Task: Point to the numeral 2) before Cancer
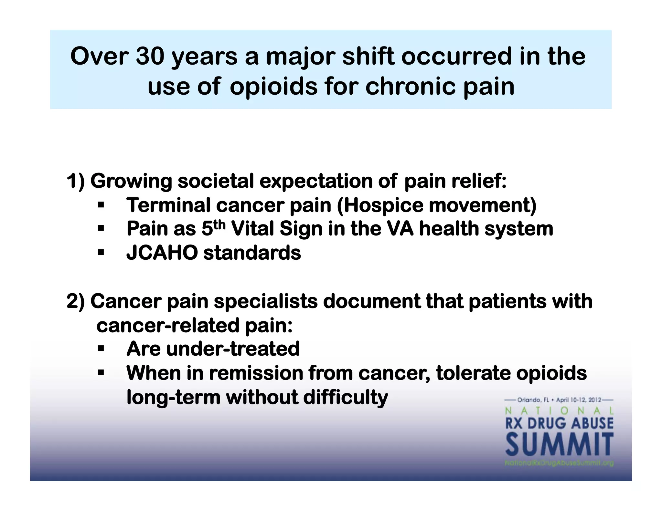coord(75,301)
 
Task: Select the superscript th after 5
coord(219,225)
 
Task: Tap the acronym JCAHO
coord(162,253)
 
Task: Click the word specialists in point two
coord(266,301)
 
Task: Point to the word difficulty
coord(345,397)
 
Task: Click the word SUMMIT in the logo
coord(559,445)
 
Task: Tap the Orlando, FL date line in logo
coord(559,400)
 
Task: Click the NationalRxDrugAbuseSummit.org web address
coord(559,464)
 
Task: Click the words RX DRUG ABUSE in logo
coord(559,423)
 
